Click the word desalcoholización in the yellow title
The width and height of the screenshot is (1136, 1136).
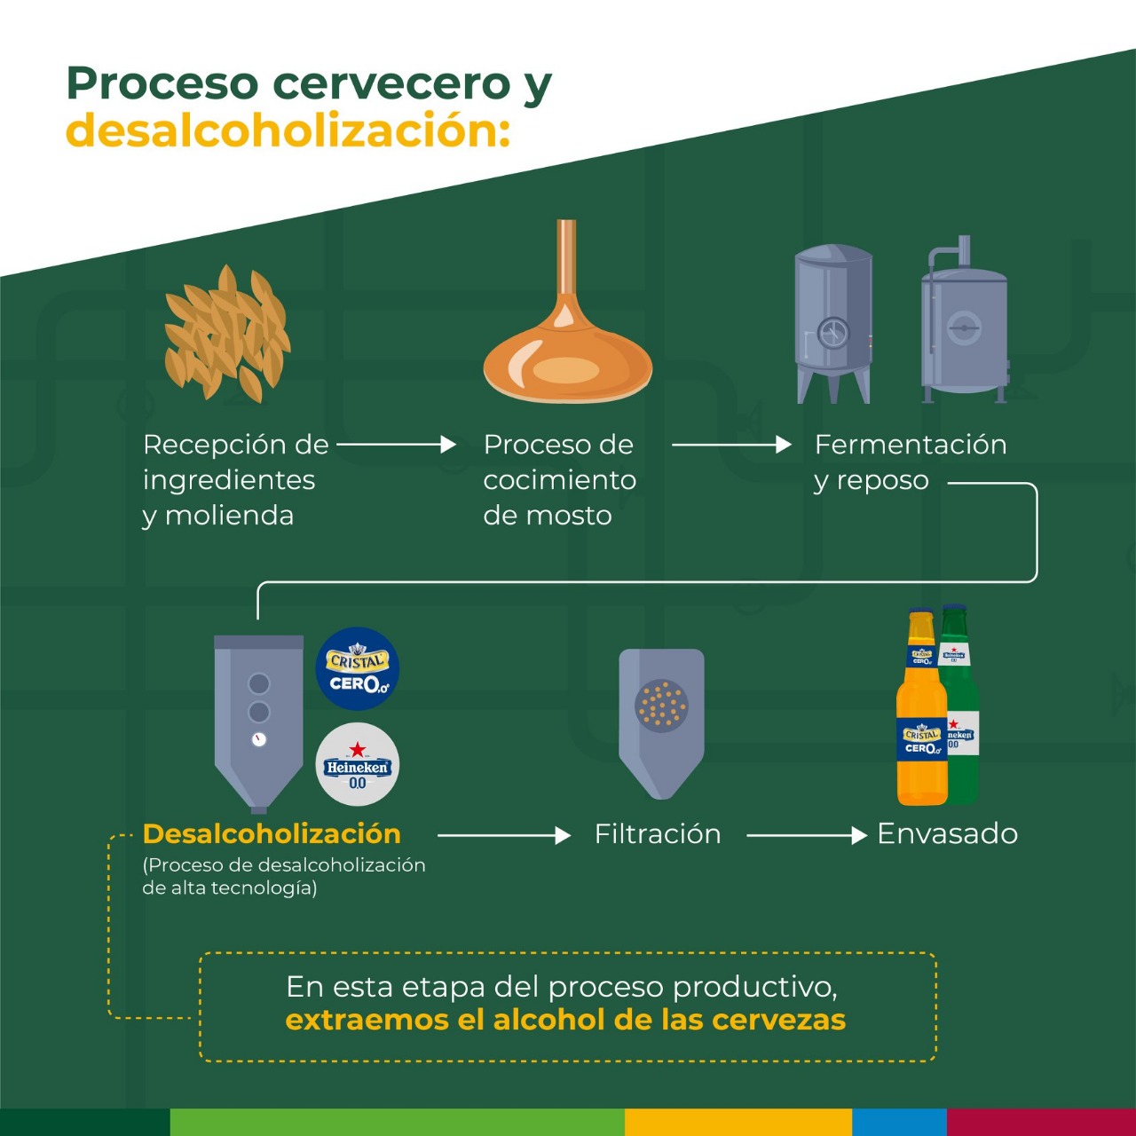(x=288, y=130)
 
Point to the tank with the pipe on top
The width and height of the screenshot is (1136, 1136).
(x=965, y=324)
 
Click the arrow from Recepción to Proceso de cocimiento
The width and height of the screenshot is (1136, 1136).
(x=397, y=444)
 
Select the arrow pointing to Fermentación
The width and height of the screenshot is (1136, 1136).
(x=731, y=444)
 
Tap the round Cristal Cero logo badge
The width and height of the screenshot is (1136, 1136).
(x=358, y=669)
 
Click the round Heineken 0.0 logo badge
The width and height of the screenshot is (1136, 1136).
(x=358, y=765)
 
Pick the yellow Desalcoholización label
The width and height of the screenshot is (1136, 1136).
(x=272, y=833)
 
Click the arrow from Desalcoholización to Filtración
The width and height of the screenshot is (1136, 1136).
(x=503, y=835)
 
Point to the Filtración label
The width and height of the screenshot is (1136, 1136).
(x=658, y=833)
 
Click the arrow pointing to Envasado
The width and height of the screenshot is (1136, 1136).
(x=806, y=835)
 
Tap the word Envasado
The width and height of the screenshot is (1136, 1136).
(x=947, y=833)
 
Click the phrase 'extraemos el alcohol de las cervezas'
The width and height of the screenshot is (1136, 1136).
(x=565, y=1020)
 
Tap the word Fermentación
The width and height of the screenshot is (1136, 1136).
(x=911, y=444)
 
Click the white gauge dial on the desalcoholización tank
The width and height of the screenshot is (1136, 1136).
(x=259, y=739)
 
